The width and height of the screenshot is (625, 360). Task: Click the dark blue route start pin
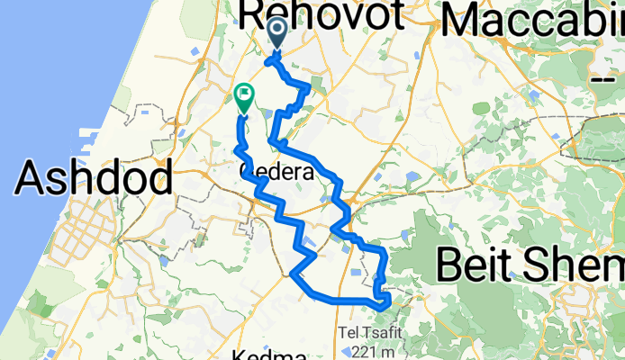tap(276, 34)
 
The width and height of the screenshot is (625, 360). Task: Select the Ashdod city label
tap(94, 178)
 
